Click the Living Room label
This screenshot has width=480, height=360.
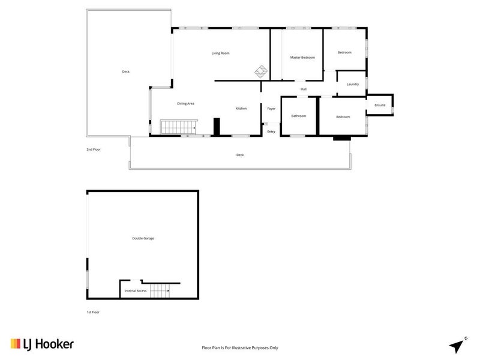tap(220, 53)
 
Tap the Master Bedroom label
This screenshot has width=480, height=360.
tap(302, 58)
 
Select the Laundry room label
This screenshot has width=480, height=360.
tap(353, 84)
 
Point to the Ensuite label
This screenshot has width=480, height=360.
tap(380, 105)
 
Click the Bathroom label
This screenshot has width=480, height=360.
tap(298, 116)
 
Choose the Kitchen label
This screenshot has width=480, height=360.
tap(241, 109)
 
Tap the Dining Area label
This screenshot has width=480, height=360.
tap(185, 104)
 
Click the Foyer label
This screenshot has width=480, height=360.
tap(271, 109)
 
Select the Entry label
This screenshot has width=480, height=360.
tap(271, 131)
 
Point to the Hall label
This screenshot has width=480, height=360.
tap(304, 89)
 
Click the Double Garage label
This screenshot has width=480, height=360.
tap(143, 238)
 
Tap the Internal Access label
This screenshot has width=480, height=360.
tap(136, 291)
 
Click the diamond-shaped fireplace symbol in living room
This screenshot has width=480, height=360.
tap(261, 71)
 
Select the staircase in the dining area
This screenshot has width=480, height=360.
tap(179, 127)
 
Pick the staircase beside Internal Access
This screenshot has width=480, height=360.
tap(160, 291)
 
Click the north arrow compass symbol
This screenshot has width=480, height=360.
tap(458, 346)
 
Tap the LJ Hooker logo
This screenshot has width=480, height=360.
tap(42, 344)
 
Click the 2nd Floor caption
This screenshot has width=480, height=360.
tap(94, 149)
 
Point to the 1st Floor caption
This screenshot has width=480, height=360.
tap(93, 312)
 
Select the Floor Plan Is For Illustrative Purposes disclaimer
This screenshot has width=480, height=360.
tap(240, 348)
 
